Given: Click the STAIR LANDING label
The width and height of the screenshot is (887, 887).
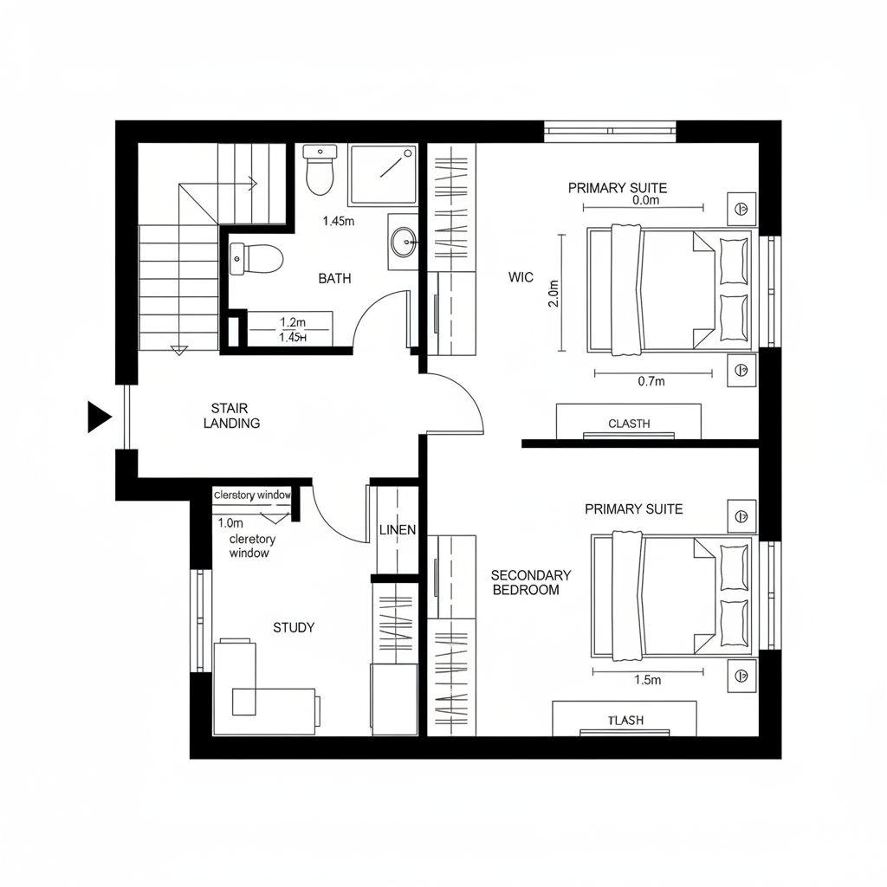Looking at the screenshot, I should (x=231, y=416).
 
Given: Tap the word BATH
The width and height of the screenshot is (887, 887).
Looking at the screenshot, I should (x=334, y=279).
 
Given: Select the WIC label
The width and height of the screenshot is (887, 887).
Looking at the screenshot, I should (x=521, y=278).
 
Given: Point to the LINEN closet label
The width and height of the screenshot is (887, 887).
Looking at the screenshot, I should (x=398, y=530).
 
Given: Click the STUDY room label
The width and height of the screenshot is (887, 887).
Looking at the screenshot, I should (x=294, y=628).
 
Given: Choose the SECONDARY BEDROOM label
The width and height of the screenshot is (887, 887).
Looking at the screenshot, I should (x=531, y=582).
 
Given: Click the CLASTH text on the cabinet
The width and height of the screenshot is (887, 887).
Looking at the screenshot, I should (x=629, y=424).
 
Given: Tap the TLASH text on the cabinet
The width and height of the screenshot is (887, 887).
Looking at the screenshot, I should (x=625, y=721).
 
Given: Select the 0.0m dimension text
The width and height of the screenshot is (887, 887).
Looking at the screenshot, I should (x=646, y=200).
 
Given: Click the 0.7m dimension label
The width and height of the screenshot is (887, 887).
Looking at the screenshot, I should (x=651, y=381).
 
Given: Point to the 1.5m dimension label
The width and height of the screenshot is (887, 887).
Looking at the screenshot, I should (x=647, y=680).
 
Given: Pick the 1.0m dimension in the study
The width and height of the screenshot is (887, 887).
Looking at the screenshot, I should (x=230, y=523).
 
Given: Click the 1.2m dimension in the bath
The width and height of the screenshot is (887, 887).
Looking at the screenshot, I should (x=293, y=322).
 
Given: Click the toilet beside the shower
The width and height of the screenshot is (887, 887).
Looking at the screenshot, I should (x=320, y=169).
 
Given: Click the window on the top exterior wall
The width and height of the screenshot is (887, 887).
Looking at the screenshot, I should (x=610, y=132).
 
